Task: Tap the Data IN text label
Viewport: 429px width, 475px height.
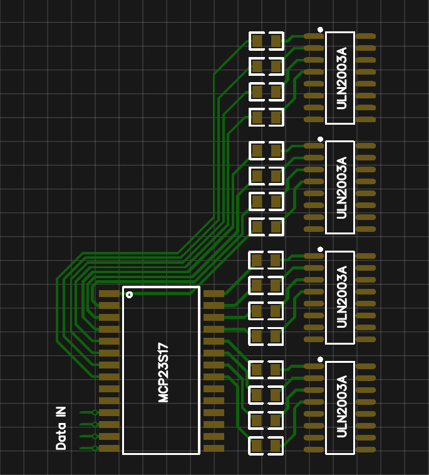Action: (x=61, y=428)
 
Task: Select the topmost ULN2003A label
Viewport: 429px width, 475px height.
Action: (x=341, y=78)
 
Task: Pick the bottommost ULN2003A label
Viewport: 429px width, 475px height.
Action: (x=341, y=407)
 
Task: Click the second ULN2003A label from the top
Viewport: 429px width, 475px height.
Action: (x=341, y=187)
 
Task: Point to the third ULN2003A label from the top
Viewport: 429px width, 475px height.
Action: (x=341, y=297)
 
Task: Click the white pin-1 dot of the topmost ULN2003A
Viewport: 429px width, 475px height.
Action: (x=320, y=29)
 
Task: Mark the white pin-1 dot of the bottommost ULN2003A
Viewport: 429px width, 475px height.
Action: (x=320, y=359)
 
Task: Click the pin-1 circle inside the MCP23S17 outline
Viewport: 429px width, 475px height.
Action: (x=129, y=295)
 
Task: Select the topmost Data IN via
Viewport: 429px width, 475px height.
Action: (x=95, y=412)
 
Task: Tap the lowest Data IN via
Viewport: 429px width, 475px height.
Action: (x=95, y=448)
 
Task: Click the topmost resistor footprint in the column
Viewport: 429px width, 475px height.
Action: (x=266, y=41)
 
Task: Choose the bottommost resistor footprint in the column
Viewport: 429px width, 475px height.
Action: (x=266, y=446)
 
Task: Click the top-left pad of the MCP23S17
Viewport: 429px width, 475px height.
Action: (x=109, y=293)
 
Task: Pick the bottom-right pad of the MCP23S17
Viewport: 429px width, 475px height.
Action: (x=214, y=449)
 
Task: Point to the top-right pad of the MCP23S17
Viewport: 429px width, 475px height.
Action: (x=214, y=293)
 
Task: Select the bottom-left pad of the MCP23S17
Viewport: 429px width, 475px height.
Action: (x=109, y=449)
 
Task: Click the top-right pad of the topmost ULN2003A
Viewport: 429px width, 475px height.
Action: (x=366, y=36)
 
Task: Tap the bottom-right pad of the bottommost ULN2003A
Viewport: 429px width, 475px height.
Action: (x=366, y=450)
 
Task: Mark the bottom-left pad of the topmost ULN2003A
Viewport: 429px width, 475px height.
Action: (x=314, y=120)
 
